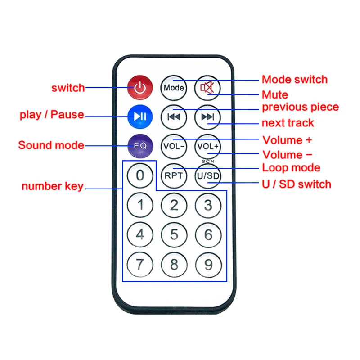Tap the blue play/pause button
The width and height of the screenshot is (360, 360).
pyautogui.click(x=140, y=117)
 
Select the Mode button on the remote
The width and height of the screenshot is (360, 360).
pyautogui.click(x=174, y=87)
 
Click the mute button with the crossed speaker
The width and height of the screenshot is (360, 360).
pyautogui.click(x=207, y=87)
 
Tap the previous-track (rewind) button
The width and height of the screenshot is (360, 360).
pyautogui.click(x=174, y=117)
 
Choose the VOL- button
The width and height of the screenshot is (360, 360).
pyautogui.click(x=174, y=146)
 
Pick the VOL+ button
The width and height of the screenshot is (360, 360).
pyautogui.click(x=207, y=146)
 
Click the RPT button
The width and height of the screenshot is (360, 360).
pyautogui.click(x=174, y=175)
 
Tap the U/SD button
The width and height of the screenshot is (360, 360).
pyautogui.click(x=207, y=175)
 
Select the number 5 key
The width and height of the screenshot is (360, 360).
pyautogui.click(x=174, y=235)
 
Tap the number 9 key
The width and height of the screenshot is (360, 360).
pyautogui.click(x=207, y=264)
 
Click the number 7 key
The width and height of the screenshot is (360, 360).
pyautogui.click(x=140, y=264)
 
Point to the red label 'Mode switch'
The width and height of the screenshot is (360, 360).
pyautogui.click(x=294, y=80)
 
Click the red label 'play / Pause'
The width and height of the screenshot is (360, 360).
pyautogui.click(x=52, y=115)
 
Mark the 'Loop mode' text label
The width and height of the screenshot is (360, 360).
pyautogui.click(x=291, y=168)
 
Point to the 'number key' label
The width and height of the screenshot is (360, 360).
pyautogui.click(x=53, y=186)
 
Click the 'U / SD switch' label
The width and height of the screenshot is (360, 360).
pyautogui.click(x=296, y=184)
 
